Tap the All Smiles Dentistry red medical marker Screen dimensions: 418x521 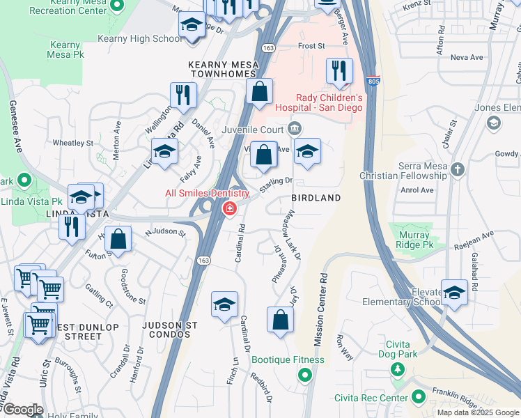[x=229, y=208]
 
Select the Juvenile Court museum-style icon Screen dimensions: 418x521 [x=295, y=129]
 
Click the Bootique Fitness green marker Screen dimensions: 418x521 [x=304, y=376]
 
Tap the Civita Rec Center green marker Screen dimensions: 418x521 [x=418, y=397]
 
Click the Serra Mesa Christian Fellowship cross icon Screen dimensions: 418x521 [x=457, y=169]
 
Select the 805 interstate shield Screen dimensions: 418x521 [x=373, y=82]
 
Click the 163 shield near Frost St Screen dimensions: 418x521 [x=268, y=47]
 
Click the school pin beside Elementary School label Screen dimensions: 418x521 [x=454, y=293]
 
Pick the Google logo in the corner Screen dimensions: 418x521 [x=23, y=410]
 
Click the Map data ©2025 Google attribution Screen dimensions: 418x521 [x=477, y=412]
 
